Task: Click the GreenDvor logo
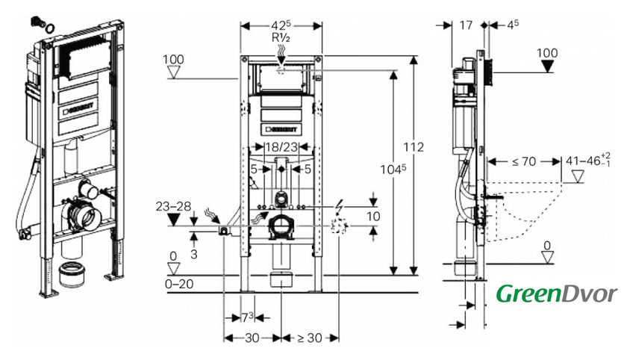tap(557, 294)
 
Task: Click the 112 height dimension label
tap(413, 147)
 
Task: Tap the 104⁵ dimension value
tap(393, 170)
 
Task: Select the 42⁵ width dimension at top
tap(281, 25)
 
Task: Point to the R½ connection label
tap(281, 37)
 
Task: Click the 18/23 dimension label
tap(282, 147)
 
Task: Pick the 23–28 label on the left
tap(173, 206)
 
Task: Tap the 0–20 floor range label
tap(179, 284)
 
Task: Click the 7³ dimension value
tap(248, 317)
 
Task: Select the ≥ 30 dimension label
tap(309, 338)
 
